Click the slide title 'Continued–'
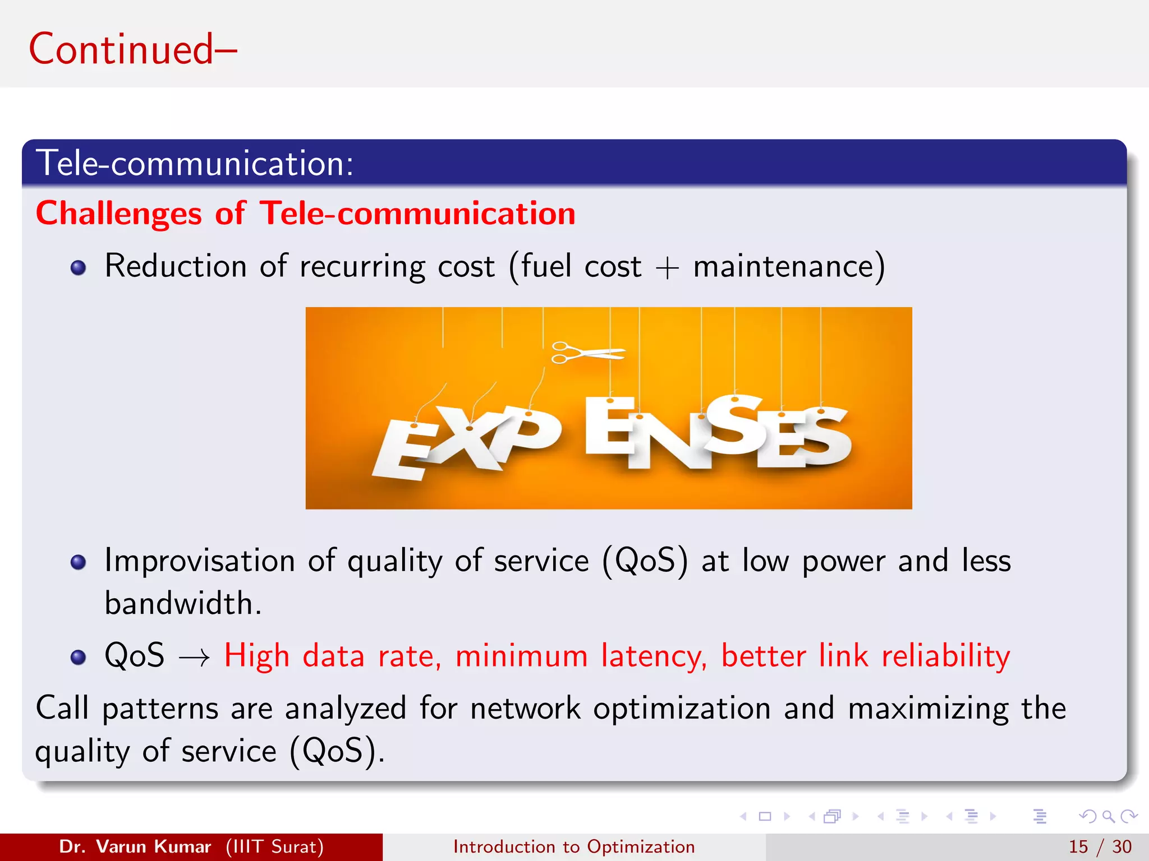tap(133, 49)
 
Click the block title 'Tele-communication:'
tap(195, 163)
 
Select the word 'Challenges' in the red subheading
tap(118, 214)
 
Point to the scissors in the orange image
tap(586, 353)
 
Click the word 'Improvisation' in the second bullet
tap(200, 561)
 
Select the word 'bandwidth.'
tap(183, 604)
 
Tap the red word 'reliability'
tap(945, 656)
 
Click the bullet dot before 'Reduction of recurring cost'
tap(79, 267)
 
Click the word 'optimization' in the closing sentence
tap(682, 708)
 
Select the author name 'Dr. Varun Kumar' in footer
tap(135, 846)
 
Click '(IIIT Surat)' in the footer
tap(274, 846)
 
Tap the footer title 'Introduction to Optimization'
tap(574, 846)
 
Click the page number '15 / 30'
tap(1100, 846)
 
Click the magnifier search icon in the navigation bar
tap(1108, 816)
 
